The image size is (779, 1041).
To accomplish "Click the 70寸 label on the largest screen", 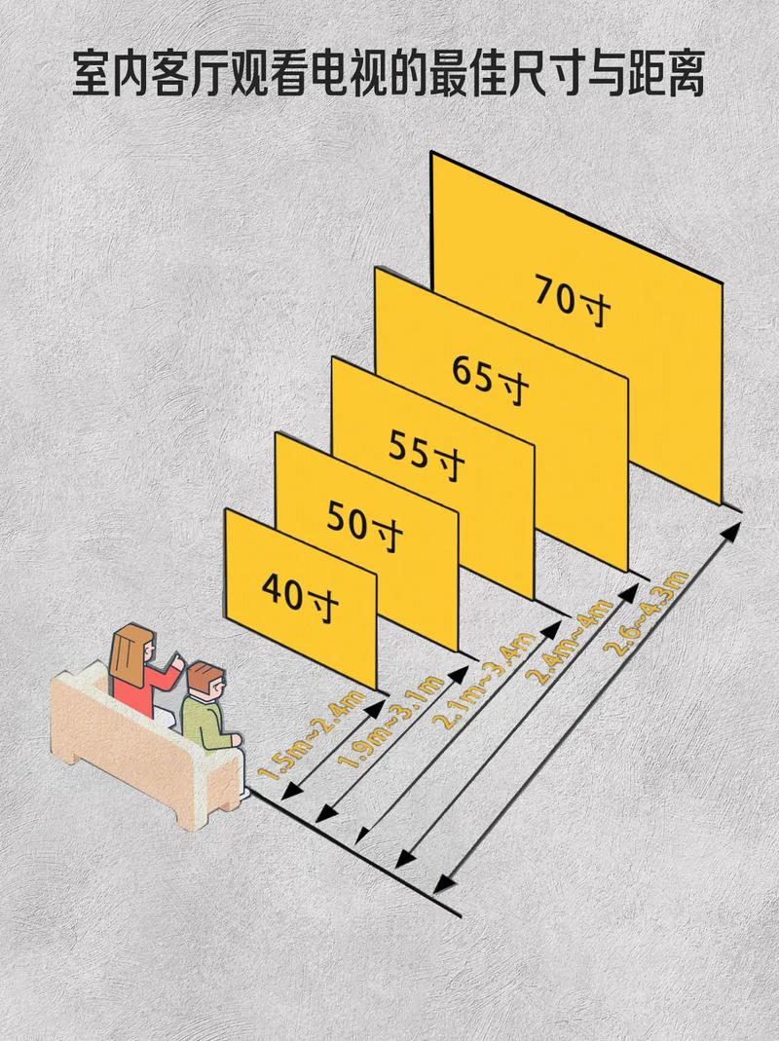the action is point(574,301).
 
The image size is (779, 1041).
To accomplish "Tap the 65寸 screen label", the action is point(490,379).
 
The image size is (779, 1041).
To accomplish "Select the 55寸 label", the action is point(427,455).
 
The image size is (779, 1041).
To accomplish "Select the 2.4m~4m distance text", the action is point(569,640).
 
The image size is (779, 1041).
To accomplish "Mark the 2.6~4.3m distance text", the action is point(649,613).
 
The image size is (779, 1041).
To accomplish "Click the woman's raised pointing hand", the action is point(177,661).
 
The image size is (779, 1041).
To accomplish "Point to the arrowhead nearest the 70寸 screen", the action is point(734,529).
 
